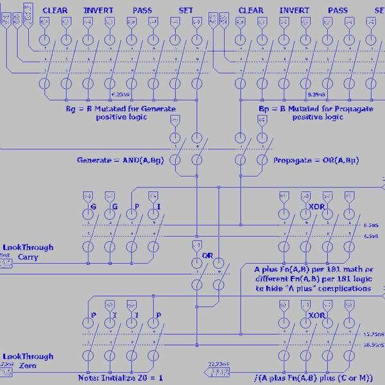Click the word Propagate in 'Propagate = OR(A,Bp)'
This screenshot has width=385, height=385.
coord(292,159)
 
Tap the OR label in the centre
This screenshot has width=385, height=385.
coord(207,255)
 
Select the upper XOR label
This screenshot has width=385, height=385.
coord(316,207)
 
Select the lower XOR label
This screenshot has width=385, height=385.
coord(316,316)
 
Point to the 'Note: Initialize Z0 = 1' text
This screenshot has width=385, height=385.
coord(121,378)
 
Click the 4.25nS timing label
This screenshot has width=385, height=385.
coord(120,94)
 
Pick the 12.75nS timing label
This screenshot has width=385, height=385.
coord(373,334)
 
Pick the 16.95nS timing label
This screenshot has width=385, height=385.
coord(373,345)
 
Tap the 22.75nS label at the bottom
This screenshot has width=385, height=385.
coord(218,364)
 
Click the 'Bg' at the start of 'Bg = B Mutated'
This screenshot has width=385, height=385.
coord(70,109)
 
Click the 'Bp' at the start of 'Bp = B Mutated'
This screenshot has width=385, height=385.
coord(263,109)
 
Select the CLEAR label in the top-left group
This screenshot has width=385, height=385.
coord(55,10)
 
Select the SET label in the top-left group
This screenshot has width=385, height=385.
coord(186,10)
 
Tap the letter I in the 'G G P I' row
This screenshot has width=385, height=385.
coord(158,207)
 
